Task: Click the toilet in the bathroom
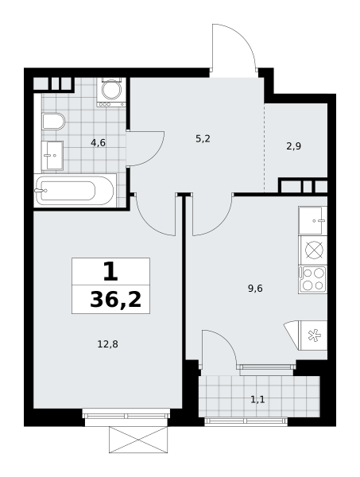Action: pos(53,122)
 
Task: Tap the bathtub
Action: pos(75,191)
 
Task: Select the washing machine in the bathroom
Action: pos(111,92)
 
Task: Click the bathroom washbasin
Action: pos(52,156)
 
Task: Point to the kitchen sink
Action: pos(312,220)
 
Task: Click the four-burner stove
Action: pos(312,280)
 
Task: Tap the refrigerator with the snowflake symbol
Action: pos(313,335)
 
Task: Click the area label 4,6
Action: pos(98,142)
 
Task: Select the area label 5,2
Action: pos(203,139)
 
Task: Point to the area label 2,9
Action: pos(294,146)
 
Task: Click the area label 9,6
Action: pos(255,288)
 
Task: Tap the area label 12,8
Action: pos(107,344)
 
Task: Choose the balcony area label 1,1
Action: pos(257,399)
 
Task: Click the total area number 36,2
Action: pos(116,300)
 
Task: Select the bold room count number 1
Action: pos(110,272)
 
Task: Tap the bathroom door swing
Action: pos(155,157)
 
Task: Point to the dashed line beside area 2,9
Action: pos(264,148)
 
